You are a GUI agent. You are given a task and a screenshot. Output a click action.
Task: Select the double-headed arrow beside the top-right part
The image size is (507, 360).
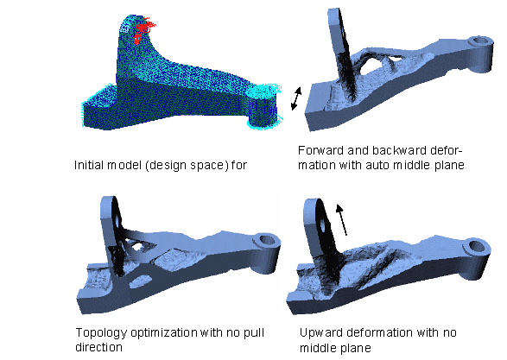(x=296, y=98)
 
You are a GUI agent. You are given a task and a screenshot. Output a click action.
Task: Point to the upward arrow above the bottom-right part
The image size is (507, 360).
(x=341, y=220)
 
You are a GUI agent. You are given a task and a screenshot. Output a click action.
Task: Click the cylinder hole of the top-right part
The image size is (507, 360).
(x=481, y=41)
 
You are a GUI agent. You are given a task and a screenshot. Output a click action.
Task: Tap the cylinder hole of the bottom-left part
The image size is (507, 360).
(x=268, y=240)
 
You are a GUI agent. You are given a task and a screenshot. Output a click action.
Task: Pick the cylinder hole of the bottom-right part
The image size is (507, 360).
(x=476, y=247)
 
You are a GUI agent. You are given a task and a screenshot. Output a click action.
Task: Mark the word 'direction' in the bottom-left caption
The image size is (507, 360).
(x=98, y=347)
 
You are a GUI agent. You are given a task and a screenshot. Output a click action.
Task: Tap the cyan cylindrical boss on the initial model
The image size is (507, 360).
(x=263, y=107)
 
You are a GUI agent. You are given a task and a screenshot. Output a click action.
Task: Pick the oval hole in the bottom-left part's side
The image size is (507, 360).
(x=140, y=281)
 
